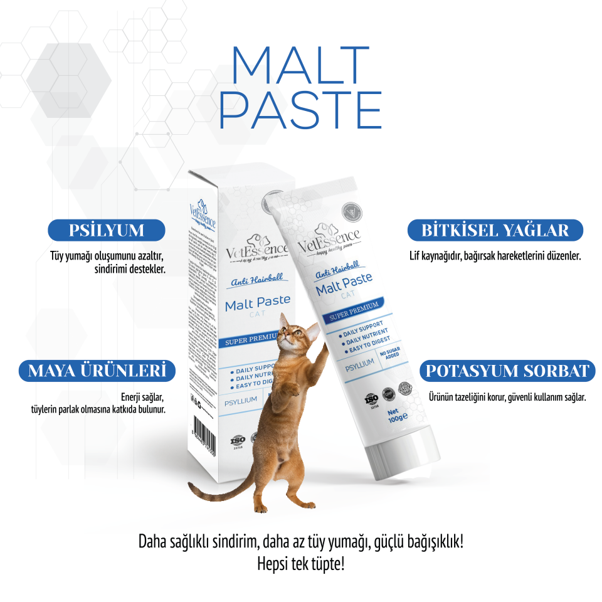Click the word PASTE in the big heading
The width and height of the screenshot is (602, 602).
coord(300,110)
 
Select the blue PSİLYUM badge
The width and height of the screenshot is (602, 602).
coord(107,230)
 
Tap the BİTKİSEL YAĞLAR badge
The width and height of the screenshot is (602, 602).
coord(495,230)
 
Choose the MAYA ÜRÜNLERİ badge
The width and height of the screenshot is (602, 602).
coord(96,371)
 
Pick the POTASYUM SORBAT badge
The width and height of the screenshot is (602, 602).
coord(507,371)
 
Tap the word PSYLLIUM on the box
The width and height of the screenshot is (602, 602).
coord(242,399)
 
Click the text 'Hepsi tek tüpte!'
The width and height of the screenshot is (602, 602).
coord(300,562)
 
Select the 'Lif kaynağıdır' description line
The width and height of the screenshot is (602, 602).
coord(495,256)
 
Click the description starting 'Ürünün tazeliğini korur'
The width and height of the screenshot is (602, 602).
coord(507,397)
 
